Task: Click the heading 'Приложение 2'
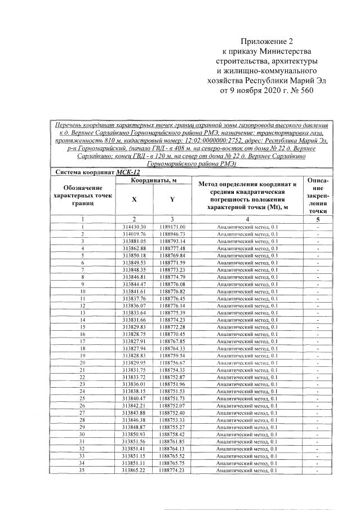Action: [x=268, y=42]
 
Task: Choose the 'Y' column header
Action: [x=172, y=199]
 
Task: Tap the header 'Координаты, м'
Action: [x=153, y=180]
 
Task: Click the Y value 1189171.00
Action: [x=172, y=226]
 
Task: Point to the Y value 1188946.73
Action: [x=172, y=233]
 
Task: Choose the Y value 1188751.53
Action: [x=172, y=391]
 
